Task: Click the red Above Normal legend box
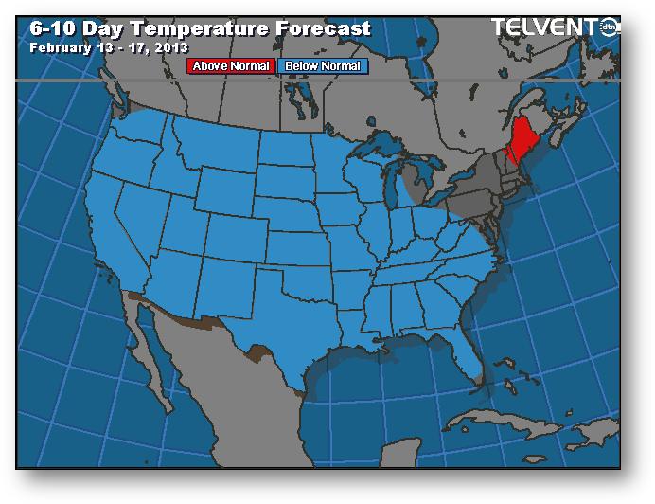click(232, 66)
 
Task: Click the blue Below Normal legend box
click(323, 66)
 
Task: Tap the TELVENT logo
click(549, 27)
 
